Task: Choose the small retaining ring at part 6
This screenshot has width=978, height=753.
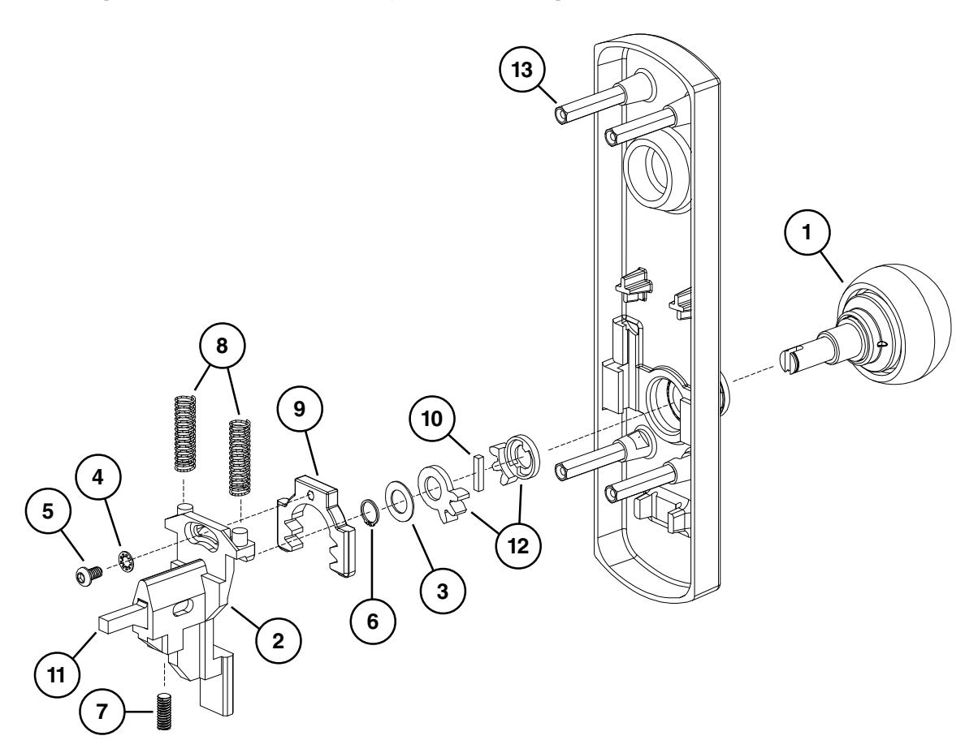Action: coord(370,513)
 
